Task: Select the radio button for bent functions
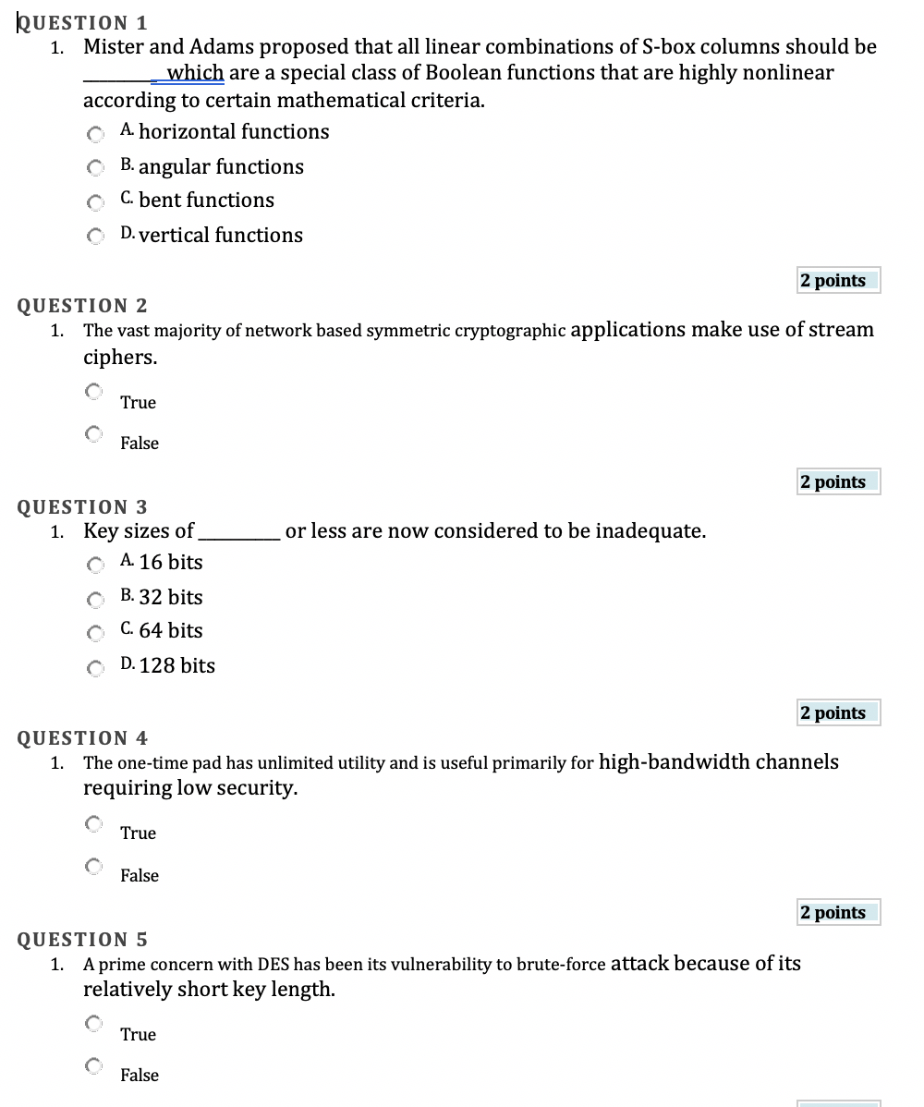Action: (93, 202)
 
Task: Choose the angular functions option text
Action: (221, 167)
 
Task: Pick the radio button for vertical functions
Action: (93, 237)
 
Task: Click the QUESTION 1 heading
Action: (83, 22)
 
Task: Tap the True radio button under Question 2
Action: (93, 392)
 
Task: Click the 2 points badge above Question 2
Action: (838, 281)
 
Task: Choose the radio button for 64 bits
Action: (93, 633)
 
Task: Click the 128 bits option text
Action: (176, 666)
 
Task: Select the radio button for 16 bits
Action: (93, 565)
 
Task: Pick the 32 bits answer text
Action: (171, 598)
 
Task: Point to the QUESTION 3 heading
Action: (83, 506)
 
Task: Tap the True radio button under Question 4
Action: (93, 822)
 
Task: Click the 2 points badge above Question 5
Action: (838, 913)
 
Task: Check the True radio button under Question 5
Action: (93, 1024)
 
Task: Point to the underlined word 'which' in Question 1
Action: (195, 73)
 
